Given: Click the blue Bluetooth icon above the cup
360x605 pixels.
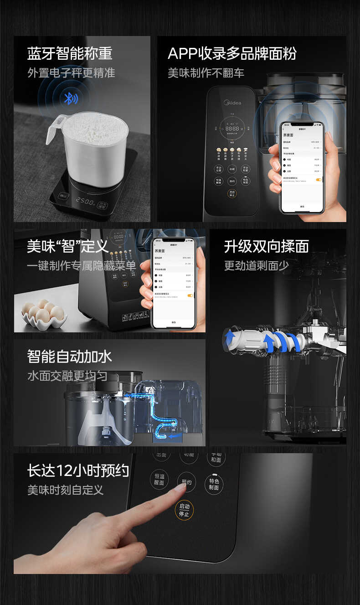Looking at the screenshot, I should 70,98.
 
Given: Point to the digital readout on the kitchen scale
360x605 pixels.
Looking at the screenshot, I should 86,201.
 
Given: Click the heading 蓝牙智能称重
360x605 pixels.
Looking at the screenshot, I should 70,53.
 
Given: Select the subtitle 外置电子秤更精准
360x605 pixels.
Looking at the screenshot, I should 71,73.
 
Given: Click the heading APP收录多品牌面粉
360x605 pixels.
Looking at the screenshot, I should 232,53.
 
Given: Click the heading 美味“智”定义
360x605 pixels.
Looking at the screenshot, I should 68,246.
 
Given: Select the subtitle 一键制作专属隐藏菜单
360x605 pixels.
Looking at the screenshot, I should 82,266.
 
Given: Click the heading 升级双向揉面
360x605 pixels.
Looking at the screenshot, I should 266,246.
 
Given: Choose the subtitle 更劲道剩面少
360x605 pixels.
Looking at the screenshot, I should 256,266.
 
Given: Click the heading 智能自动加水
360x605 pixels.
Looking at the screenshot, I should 69,356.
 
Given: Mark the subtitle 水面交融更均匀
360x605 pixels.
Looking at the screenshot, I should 67,376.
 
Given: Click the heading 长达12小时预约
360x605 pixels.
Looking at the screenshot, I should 78,471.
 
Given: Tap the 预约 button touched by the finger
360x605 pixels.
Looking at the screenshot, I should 186,482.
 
